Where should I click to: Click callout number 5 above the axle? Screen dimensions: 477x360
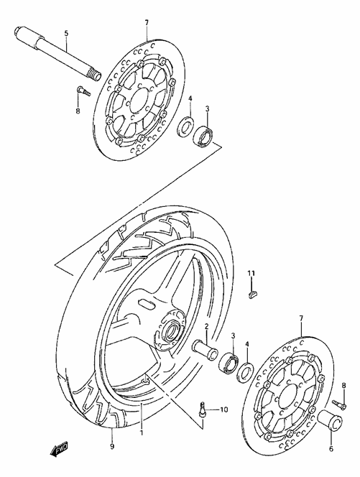(66, 34)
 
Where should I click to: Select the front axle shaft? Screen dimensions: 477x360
(55, 50)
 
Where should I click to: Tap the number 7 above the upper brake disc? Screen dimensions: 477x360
(147, 24)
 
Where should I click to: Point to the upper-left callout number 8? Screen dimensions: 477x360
(78, 111)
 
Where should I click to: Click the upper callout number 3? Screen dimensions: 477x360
(207, 109)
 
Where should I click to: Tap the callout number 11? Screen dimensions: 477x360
(251, 274)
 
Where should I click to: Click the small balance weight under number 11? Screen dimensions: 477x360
(251, 292)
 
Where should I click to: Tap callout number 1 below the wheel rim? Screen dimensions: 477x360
(142, 432)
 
